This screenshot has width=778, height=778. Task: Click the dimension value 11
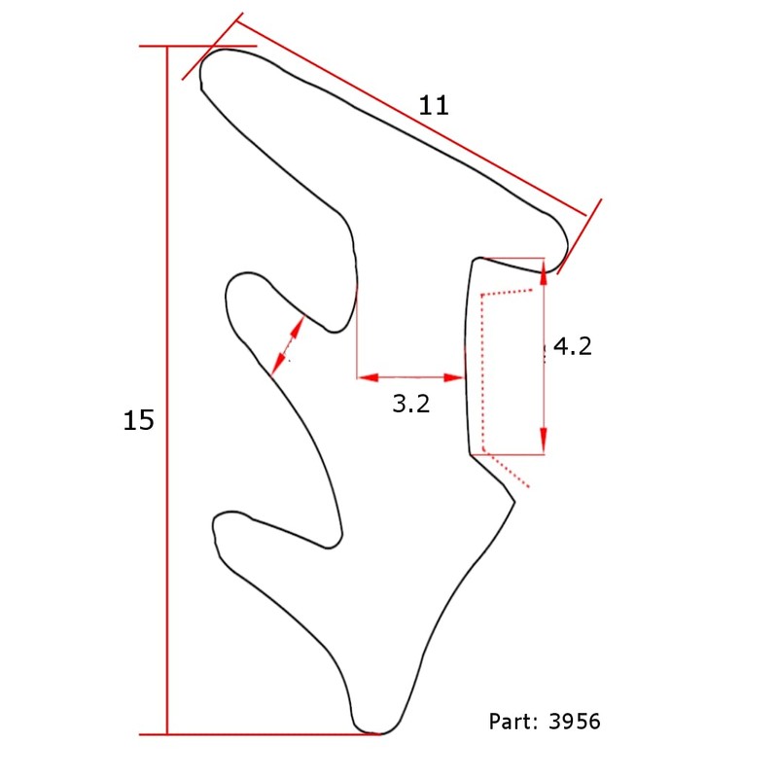click(434, 105)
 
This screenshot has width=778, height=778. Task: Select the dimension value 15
click(139, 420)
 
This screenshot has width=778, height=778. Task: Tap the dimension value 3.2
click(410, 404)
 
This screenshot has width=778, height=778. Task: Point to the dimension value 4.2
click(572, 345)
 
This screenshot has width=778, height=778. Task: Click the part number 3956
click(575, 722)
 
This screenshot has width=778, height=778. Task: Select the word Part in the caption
click(511, 722)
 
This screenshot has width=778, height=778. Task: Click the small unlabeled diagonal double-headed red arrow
click(288, 342)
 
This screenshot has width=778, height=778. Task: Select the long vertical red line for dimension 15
click(167, 389)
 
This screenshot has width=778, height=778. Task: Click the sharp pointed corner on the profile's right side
click(513, 501)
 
